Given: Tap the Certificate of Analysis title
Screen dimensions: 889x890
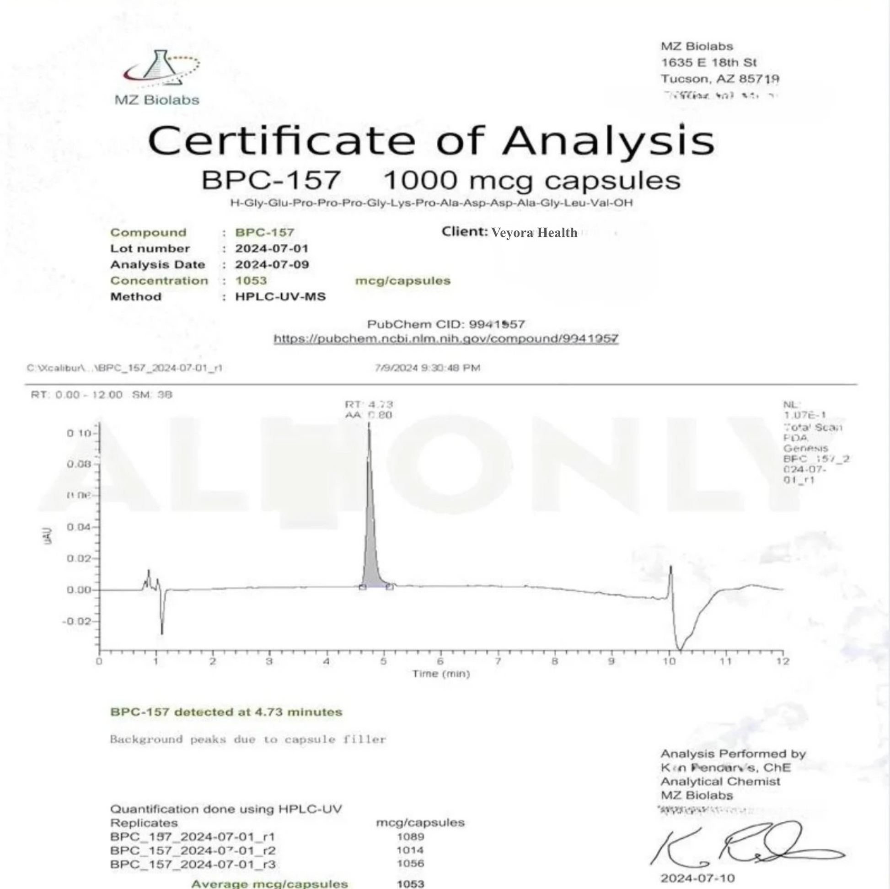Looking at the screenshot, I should (431, 140).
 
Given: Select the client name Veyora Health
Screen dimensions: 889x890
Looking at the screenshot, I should (534, 233).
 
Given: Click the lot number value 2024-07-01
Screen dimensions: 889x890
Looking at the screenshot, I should (272, 249).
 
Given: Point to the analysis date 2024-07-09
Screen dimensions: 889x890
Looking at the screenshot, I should (272, 265).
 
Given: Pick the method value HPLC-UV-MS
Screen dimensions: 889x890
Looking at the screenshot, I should (280, 297).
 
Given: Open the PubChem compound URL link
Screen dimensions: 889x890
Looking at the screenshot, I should (445, 339).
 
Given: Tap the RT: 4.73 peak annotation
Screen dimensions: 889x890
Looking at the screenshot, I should (369, 404).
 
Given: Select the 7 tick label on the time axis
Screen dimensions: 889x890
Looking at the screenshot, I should (498, 661).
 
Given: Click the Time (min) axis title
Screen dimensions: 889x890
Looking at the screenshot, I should (441, 674).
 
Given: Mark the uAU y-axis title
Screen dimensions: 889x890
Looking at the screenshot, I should (48, 535).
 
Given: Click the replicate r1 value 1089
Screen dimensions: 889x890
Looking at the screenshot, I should (410, 836).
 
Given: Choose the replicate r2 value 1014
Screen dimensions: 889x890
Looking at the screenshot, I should (410, 850).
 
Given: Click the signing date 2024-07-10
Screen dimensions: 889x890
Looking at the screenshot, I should (697, 878).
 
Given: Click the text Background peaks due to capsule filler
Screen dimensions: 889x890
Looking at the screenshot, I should (248, 740).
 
